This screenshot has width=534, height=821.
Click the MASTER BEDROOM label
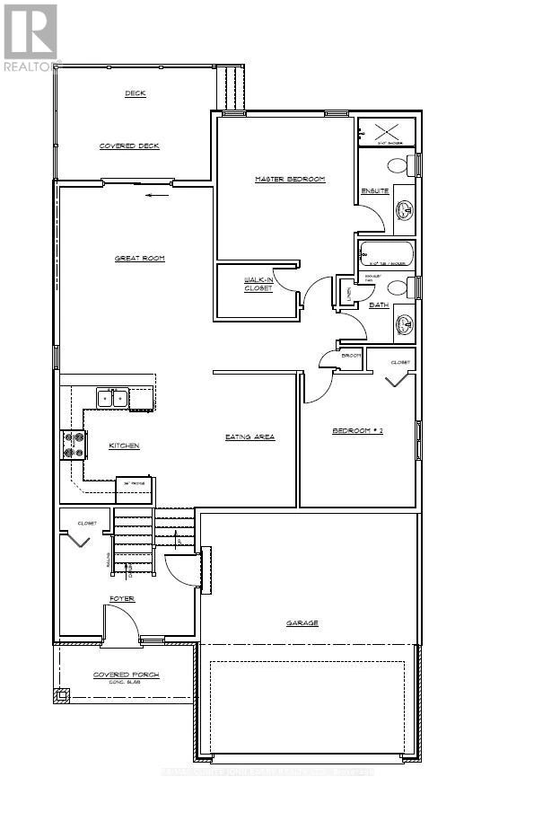(x=289, y=180)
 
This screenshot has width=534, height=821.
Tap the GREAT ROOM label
(x=139, y=259)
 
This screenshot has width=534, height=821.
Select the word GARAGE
(x=302, y=622)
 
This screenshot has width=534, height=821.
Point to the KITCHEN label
(x=125, y=446)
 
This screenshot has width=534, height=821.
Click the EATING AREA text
(x=249, y=437)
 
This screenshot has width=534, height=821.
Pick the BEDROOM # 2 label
(x=357, y=431)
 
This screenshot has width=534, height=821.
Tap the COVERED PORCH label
(x=126, y=675)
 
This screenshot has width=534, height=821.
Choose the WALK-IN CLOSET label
(x=258, y=285)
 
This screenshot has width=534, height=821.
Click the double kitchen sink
(x=112, y=398)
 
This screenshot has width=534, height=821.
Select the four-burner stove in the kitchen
(x=73, y=445)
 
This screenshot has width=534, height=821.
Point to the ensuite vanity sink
(x=404, y=210)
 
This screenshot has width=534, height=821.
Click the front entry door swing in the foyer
(x=121, y=622)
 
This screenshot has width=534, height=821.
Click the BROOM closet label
(x=351, y=357)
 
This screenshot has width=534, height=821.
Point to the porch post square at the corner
(x=62, y=694)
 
